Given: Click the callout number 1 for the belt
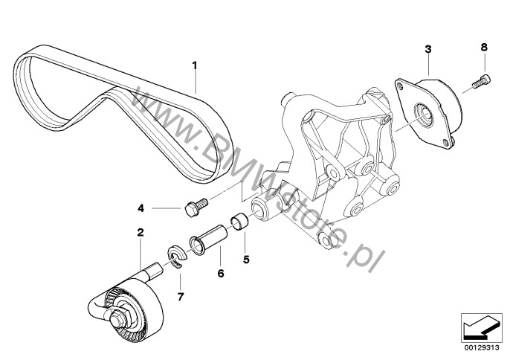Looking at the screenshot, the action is point(195,66).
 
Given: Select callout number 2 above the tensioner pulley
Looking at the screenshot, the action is point(141,232).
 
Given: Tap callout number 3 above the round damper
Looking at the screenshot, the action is point(428,50).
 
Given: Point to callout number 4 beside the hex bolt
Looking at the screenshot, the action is point(141,208).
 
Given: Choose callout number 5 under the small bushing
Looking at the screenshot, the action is point(246,260).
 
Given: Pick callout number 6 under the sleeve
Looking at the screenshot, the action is point(221,273).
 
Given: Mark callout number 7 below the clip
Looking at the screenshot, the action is point(181,296).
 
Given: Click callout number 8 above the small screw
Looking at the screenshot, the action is point(484,48).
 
